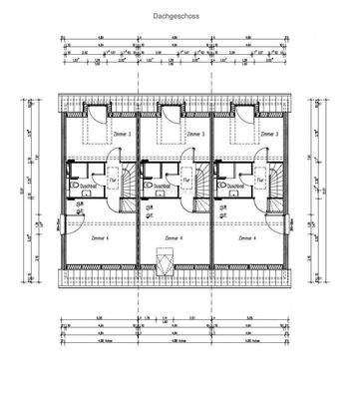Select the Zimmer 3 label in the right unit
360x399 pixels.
click(268, 134)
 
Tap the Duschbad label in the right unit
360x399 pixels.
click(235, 187)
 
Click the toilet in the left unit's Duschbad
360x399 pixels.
click(76, 186)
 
